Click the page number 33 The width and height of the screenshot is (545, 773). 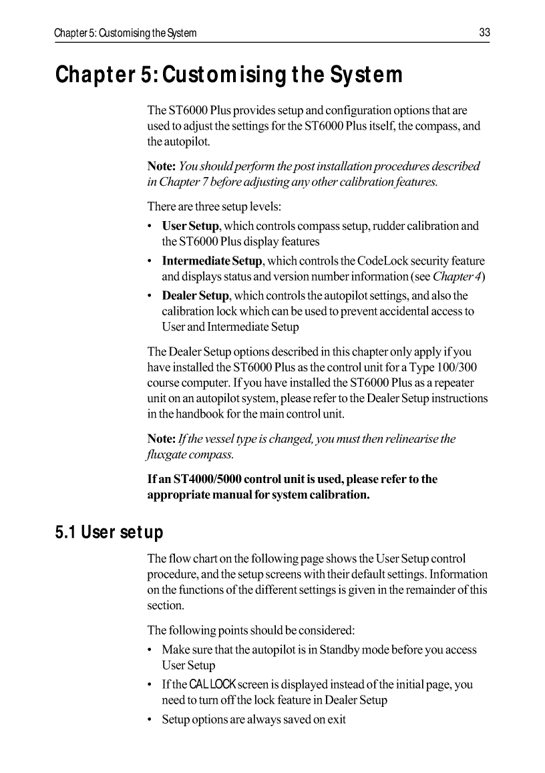(484, 33)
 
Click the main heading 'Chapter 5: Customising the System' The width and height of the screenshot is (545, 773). (229, 75)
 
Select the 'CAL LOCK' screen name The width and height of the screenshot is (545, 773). (213, 684)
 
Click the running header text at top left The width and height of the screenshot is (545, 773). (126, 33)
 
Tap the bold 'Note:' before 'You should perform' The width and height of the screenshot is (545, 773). (162, 166)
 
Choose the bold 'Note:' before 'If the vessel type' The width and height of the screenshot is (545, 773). (161, 439)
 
